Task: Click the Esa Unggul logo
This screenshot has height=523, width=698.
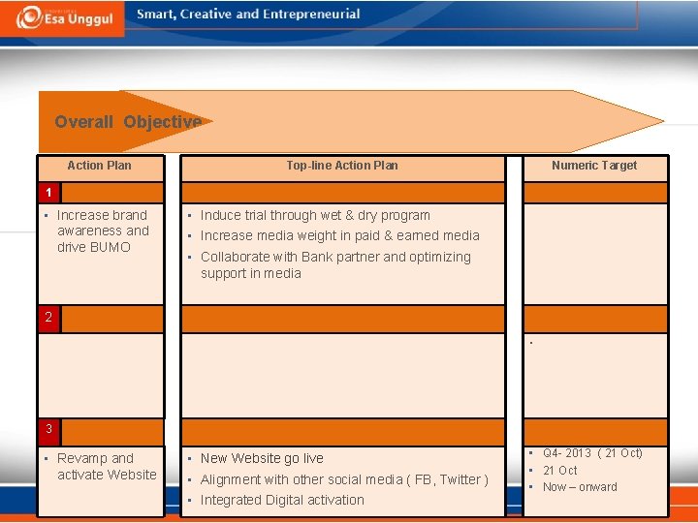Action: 62,17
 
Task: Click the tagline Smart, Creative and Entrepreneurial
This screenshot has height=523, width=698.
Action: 248,15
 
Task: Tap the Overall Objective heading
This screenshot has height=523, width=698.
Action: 128,122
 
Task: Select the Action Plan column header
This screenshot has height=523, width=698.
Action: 99,166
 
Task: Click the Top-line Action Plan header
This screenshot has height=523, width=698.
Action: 341,166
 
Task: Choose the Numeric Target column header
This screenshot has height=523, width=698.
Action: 594,166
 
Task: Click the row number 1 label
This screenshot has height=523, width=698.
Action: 47,192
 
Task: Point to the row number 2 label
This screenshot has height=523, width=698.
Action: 47,317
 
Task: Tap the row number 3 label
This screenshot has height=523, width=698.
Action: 47,428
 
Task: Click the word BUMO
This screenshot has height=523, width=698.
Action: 110,247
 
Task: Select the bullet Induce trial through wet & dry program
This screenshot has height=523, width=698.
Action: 315,215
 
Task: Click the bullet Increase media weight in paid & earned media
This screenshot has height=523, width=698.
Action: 339,235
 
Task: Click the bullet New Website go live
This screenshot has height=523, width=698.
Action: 262,458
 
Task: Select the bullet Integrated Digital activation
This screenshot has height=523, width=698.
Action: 282,500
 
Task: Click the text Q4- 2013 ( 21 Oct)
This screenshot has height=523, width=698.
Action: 592,453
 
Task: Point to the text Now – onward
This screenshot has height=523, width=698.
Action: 580,487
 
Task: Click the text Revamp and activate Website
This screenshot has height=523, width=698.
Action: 106,466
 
